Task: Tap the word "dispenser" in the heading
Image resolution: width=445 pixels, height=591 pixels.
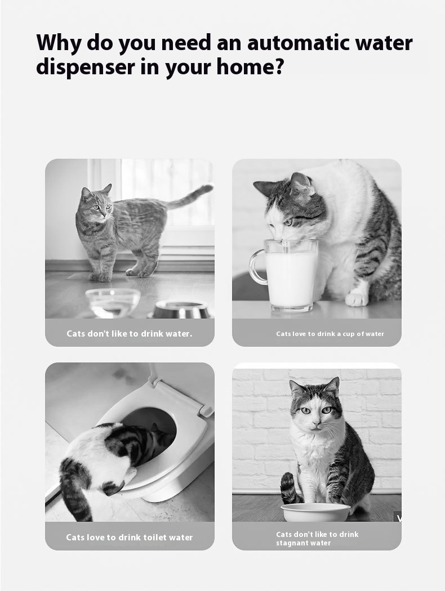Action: [x=85, y=67]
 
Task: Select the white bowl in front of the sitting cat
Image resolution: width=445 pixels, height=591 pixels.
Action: [x=315, y=512]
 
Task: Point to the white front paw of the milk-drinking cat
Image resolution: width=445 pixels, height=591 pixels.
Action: [x=357, y=298]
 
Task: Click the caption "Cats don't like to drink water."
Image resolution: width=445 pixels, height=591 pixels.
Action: [x=130, y=334]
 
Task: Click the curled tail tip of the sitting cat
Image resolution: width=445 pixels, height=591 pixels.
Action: [x=287, y=481]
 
